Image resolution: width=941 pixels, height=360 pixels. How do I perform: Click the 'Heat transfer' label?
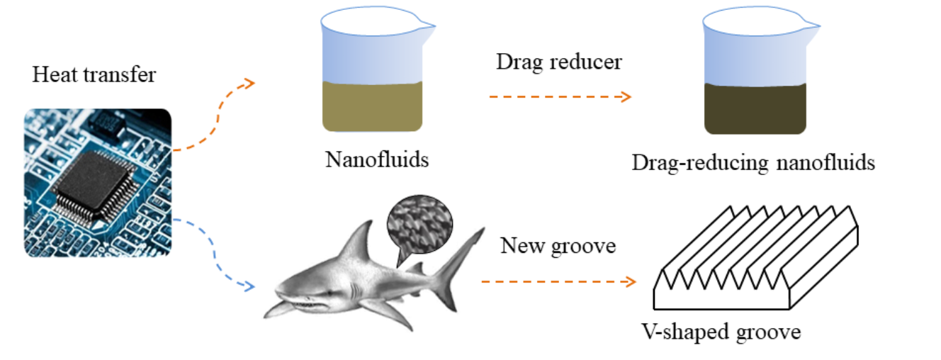(x=94, y=75)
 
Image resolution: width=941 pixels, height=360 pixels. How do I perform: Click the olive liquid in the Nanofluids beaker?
(x=372, y=106)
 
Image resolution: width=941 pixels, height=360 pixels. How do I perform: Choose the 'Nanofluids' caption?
(x=377, y=159)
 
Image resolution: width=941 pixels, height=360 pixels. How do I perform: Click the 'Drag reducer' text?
(x=558, y=62)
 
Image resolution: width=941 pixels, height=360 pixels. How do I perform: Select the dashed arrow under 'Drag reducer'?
(x=559, y=96)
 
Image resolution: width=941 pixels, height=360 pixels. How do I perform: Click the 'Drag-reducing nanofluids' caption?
(x=753, y=163)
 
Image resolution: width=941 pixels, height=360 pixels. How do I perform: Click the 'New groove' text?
(x=558, y=246)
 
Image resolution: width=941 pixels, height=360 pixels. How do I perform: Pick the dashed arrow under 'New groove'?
(x=558, y=281)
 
